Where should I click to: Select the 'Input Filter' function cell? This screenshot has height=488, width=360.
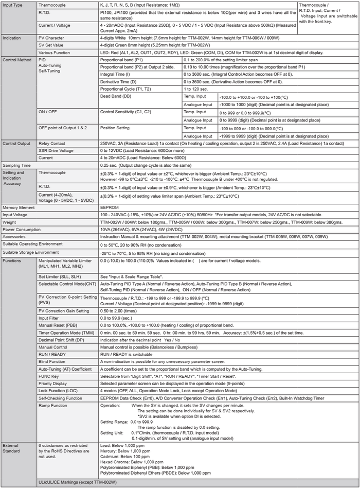pyautogui.click(x=51, y=319)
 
